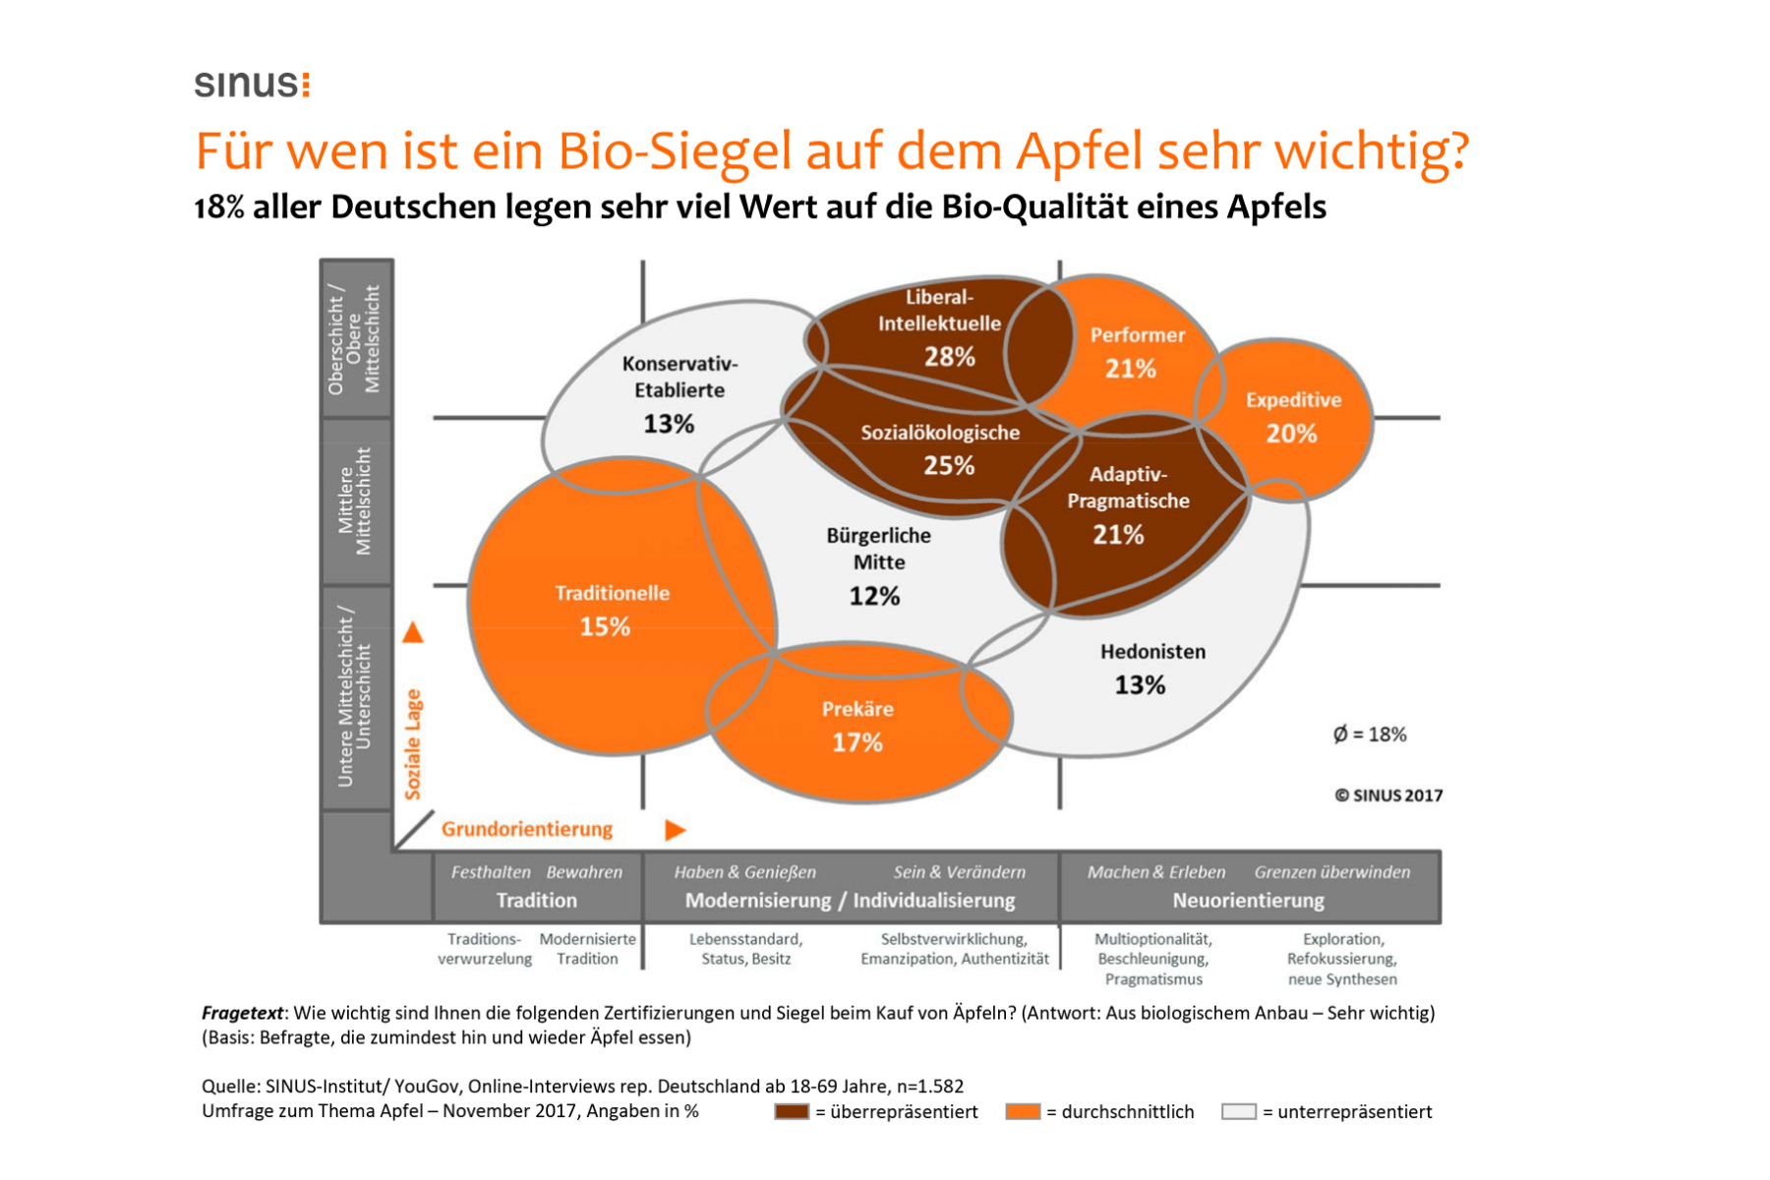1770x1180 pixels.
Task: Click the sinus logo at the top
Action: pyautogui.click(x=252, y=84)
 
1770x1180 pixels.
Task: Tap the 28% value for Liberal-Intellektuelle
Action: pyautogui.click(x=949, y=357)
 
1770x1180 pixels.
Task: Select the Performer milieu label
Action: pyautogui.click(x=1137, y=335)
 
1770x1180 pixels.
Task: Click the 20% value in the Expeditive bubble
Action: pyautogui.click(x=1291, y=434)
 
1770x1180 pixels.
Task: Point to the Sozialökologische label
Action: pyautogui.click(x=940, y=433)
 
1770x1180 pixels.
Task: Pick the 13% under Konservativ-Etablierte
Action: pyautogui.click(x=669, y=424)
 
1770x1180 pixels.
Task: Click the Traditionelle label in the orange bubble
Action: pyautogui.click(x=612, y=593)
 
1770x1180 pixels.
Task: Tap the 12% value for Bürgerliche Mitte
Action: pyautogui.click(x=874, y=596)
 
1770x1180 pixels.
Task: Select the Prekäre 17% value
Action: pyautogui.click(x=856, y=742)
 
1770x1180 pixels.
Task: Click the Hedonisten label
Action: pyautogui.click(x=1152, y=651)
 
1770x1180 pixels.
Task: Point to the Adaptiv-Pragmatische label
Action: pyautogui.click(x=1128, y=488)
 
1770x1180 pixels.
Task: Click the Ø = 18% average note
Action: pyautogui.click(x=1369, y=735)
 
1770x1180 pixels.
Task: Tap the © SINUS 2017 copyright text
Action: pyautogui.click(x=1388, y=796)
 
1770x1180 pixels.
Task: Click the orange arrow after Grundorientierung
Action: pyautogui.click(x=675, y=830)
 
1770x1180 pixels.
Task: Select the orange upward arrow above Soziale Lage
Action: pyautogui.click(x=413, y=632)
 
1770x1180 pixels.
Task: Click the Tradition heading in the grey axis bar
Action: pyautogui.click(x=536, y=900)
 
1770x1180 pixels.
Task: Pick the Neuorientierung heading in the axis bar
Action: pyautogui.click(x=1248, y=900)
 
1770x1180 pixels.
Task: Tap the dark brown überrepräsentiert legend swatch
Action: pyautogui.click(x=791, y=1111)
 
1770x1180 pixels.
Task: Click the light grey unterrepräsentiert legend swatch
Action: pyautogui.click(x=1238, y=1111)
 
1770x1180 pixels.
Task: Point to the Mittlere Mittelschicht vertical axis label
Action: pyautogui.click(x=355, y=501)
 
